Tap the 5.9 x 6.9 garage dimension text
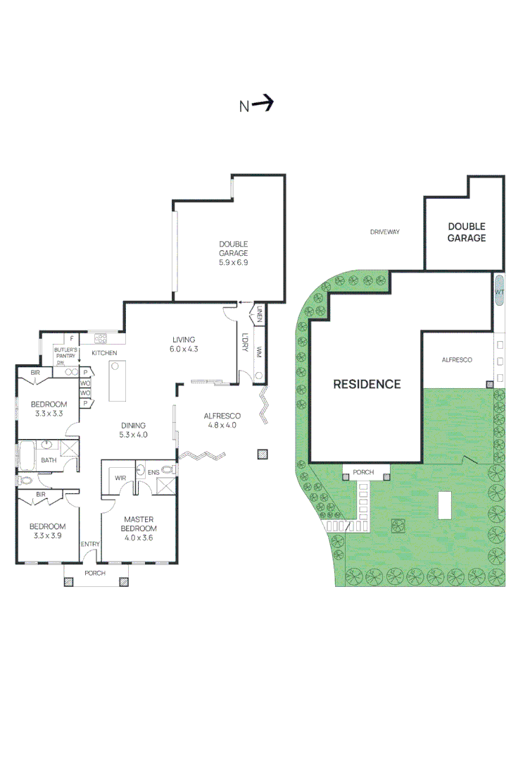(234, 262)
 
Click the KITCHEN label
(104, 353)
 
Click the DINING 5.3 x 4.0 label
(133, 430)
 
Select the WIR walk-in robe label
(120, 478)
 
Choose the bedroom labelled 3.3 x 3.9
(47, 531)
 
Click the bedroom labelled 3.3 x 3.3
(47, 409)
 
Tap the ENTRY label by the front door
(90, 543)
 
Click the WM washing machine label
(259, 351)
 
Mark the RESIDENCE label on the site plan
(367, 384)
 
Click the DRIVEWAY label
(385, 231)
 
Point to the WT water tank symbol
(499, 291)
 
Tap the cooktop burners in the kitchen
(101, 338)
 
